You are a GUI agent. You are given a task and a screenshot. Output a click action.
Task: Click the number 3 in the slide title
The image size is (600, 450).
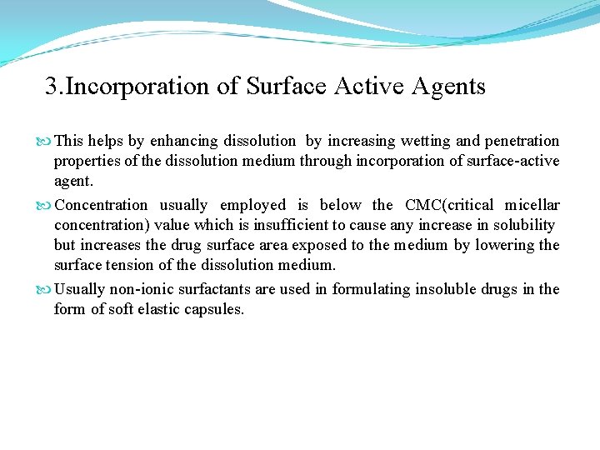pos(52,87)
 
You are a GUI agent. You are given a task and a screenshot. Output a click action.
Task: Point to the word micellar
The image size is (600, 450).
pos(532,205)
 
